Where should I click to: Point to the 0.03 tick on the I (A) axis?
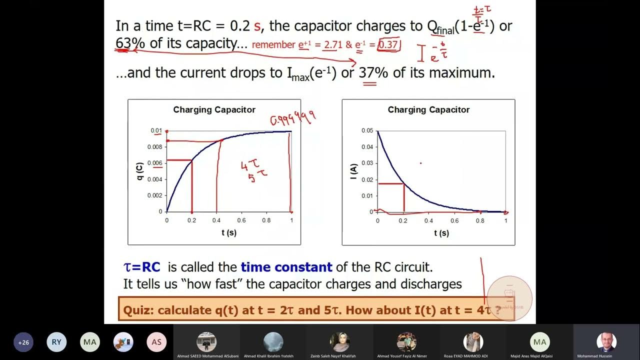click(x=367, y=163)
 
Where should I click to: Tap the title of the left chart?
click(x=214, y=109)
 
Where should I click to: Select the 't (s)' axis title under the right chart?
click(x=441, y=233)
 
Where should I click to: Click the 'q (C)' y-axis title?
click(x=140, y=171)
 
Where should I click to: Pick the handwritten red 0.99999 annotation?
click(x=293, y=117)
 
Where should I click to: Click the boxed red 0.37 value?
click(x=388, y=44)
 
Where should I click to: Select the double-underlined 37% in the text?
click(x=373, y=73)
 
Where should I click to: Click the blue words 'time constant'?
click(x=286, y=267)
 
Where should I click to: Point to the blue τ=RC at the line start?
click(x=142, y=267)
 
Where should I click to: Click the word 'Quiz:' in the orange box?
click(x=138, y=310)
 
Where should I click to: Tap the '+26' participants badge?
click(x=23, y=342)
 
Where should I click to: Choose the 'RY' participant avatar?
click(x=56, y=342)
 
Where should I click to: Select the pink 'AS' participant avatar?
click(x=156, y=342)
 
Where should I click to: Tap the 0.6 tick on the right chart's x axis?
click(x=454, y=220)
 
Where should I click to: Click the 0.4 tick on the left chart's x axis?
click(x=216, y=220)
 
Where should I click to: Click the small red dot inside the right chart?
click(x=420, y=163)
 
